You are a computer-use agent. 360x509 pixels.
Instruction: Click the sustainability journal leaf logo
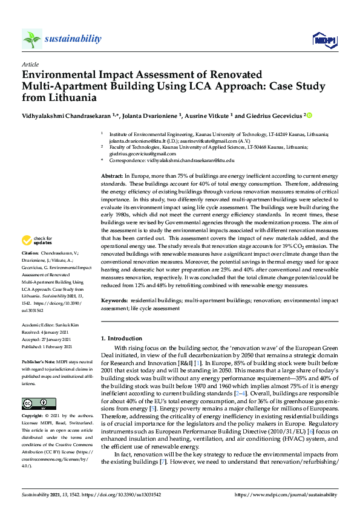[x=31, y=39]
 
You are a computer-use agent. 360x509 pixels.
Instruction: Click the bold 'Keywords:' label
[x=114, y=299]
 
